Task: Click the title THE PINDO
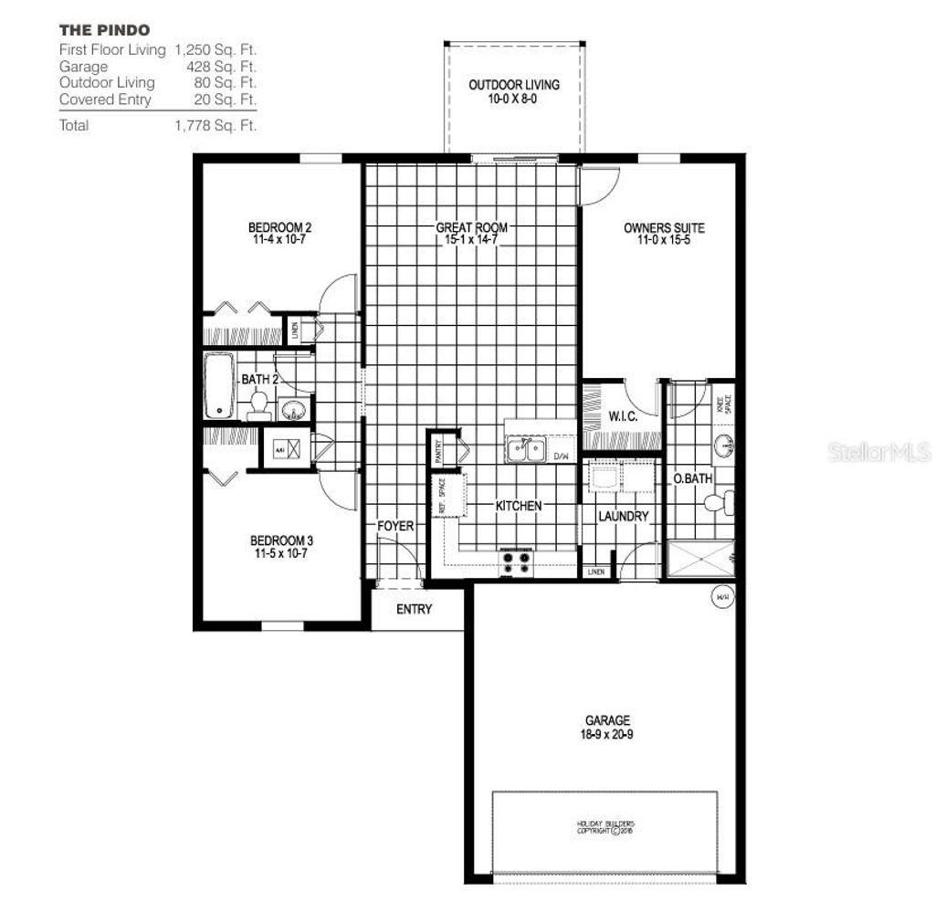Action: click(x=104, y=29)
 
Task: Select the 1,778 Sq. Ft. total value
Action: click(x=215, y=125)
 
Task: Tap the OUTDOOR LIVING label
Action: click(x=514, y=85)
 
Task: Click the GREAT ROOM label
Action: click(x=471, y=227)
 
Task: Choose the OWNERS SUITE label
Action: click(x=664, y=228)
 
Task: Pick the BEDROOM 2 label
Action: click(x=280, y=227)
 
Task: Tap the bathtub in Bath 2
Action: click(x=220, y=385)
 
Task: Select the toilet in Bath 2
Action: click(x=258, y=404)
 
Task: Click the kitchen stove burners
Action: click(x=515, y=562)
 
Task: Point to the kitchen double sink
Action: click(x=527, y=449)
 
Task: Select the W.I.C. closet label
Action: click(x=623, y=417)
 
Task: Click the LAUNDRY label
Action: click(x=623, y=516)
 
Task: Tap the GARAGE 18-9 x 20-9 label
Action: click(x=607, y=727)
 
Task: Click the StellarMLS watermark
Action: click(x=878, y=453)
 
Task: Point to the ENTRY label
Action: click(x=414, y=609)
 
